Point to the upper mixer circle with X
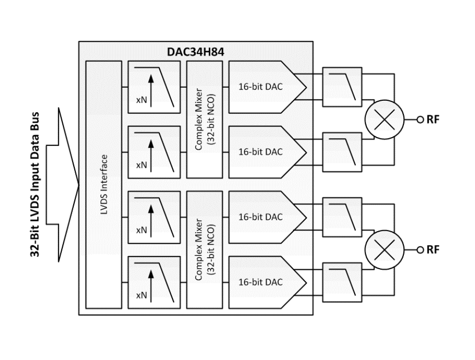383,119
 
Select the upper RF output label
433,119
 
